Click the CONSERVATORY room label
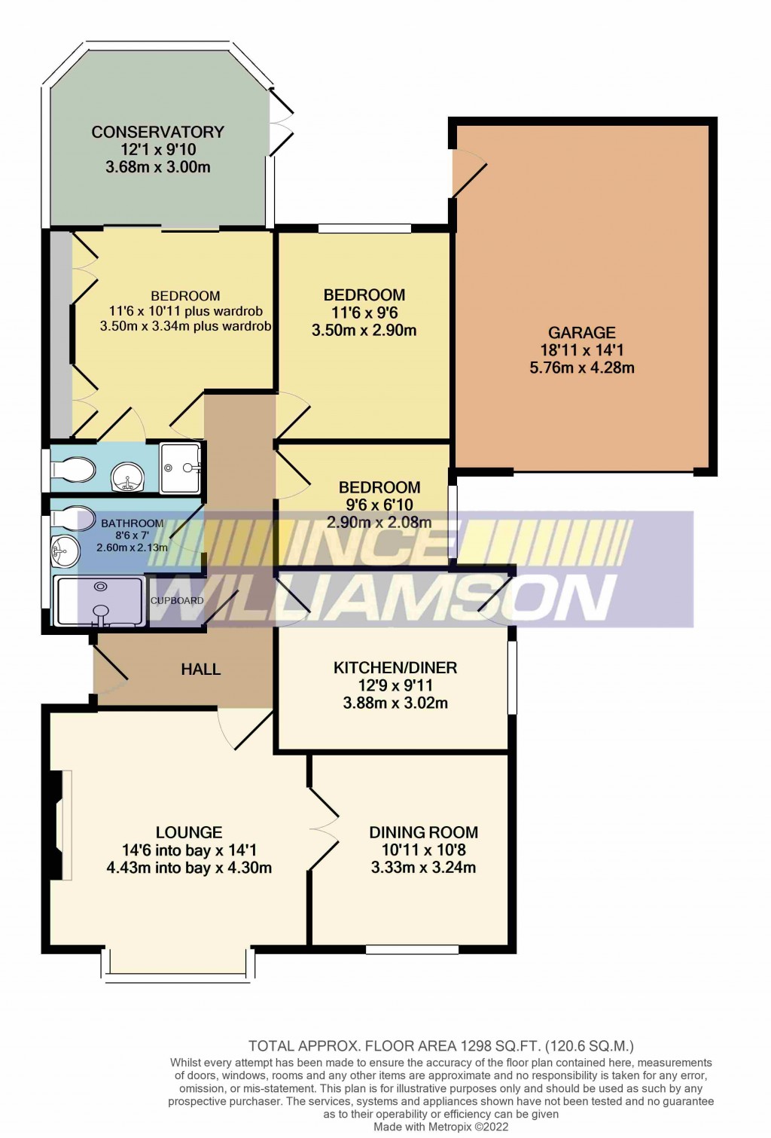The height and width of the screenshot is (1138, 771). click(x=157, y=132)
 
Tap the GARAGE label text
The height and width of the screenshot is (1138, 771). click(x=581, y=332)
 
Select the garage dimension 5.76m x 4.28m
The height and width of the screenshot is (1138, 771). click(x=581, y=368)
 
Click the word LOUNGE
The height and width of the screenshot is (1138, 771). click(x=189, y=832)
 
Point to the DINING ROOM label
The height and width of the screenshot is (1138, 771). click(x=423, y=832)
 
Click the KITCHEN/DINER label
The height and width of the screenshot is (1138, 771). click(x=395, y=667)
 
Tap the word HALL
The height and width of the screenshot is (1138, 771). click(x=200, y=669)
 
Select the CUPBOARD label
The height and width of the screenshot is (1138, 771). click(x=177, y=600)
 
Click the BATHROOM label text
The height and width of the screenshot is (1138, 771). click(x=132, y=523)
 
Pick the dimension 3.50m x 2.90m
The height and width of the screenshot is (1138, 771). click(x=364, y=330)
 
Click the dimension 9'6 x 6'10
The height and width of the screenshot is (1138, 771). click(x=379, y=505)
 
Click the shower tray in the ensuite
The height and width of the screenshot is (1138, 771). click(x=181, y=468)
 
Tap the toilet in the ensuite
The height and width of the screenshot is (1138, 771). click(x=72, y=470)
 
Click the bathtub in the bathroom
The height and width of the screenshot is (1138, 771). click(x=99, y=601)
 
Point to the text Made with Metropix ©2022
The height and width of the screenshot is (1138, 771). click(x=440, y=1127)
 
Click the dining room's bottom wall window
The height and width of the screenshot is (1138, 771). click(x=412, y=949)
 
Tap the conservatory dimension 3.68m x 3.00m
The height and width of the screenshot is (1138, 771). click(x=157, y=167)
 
